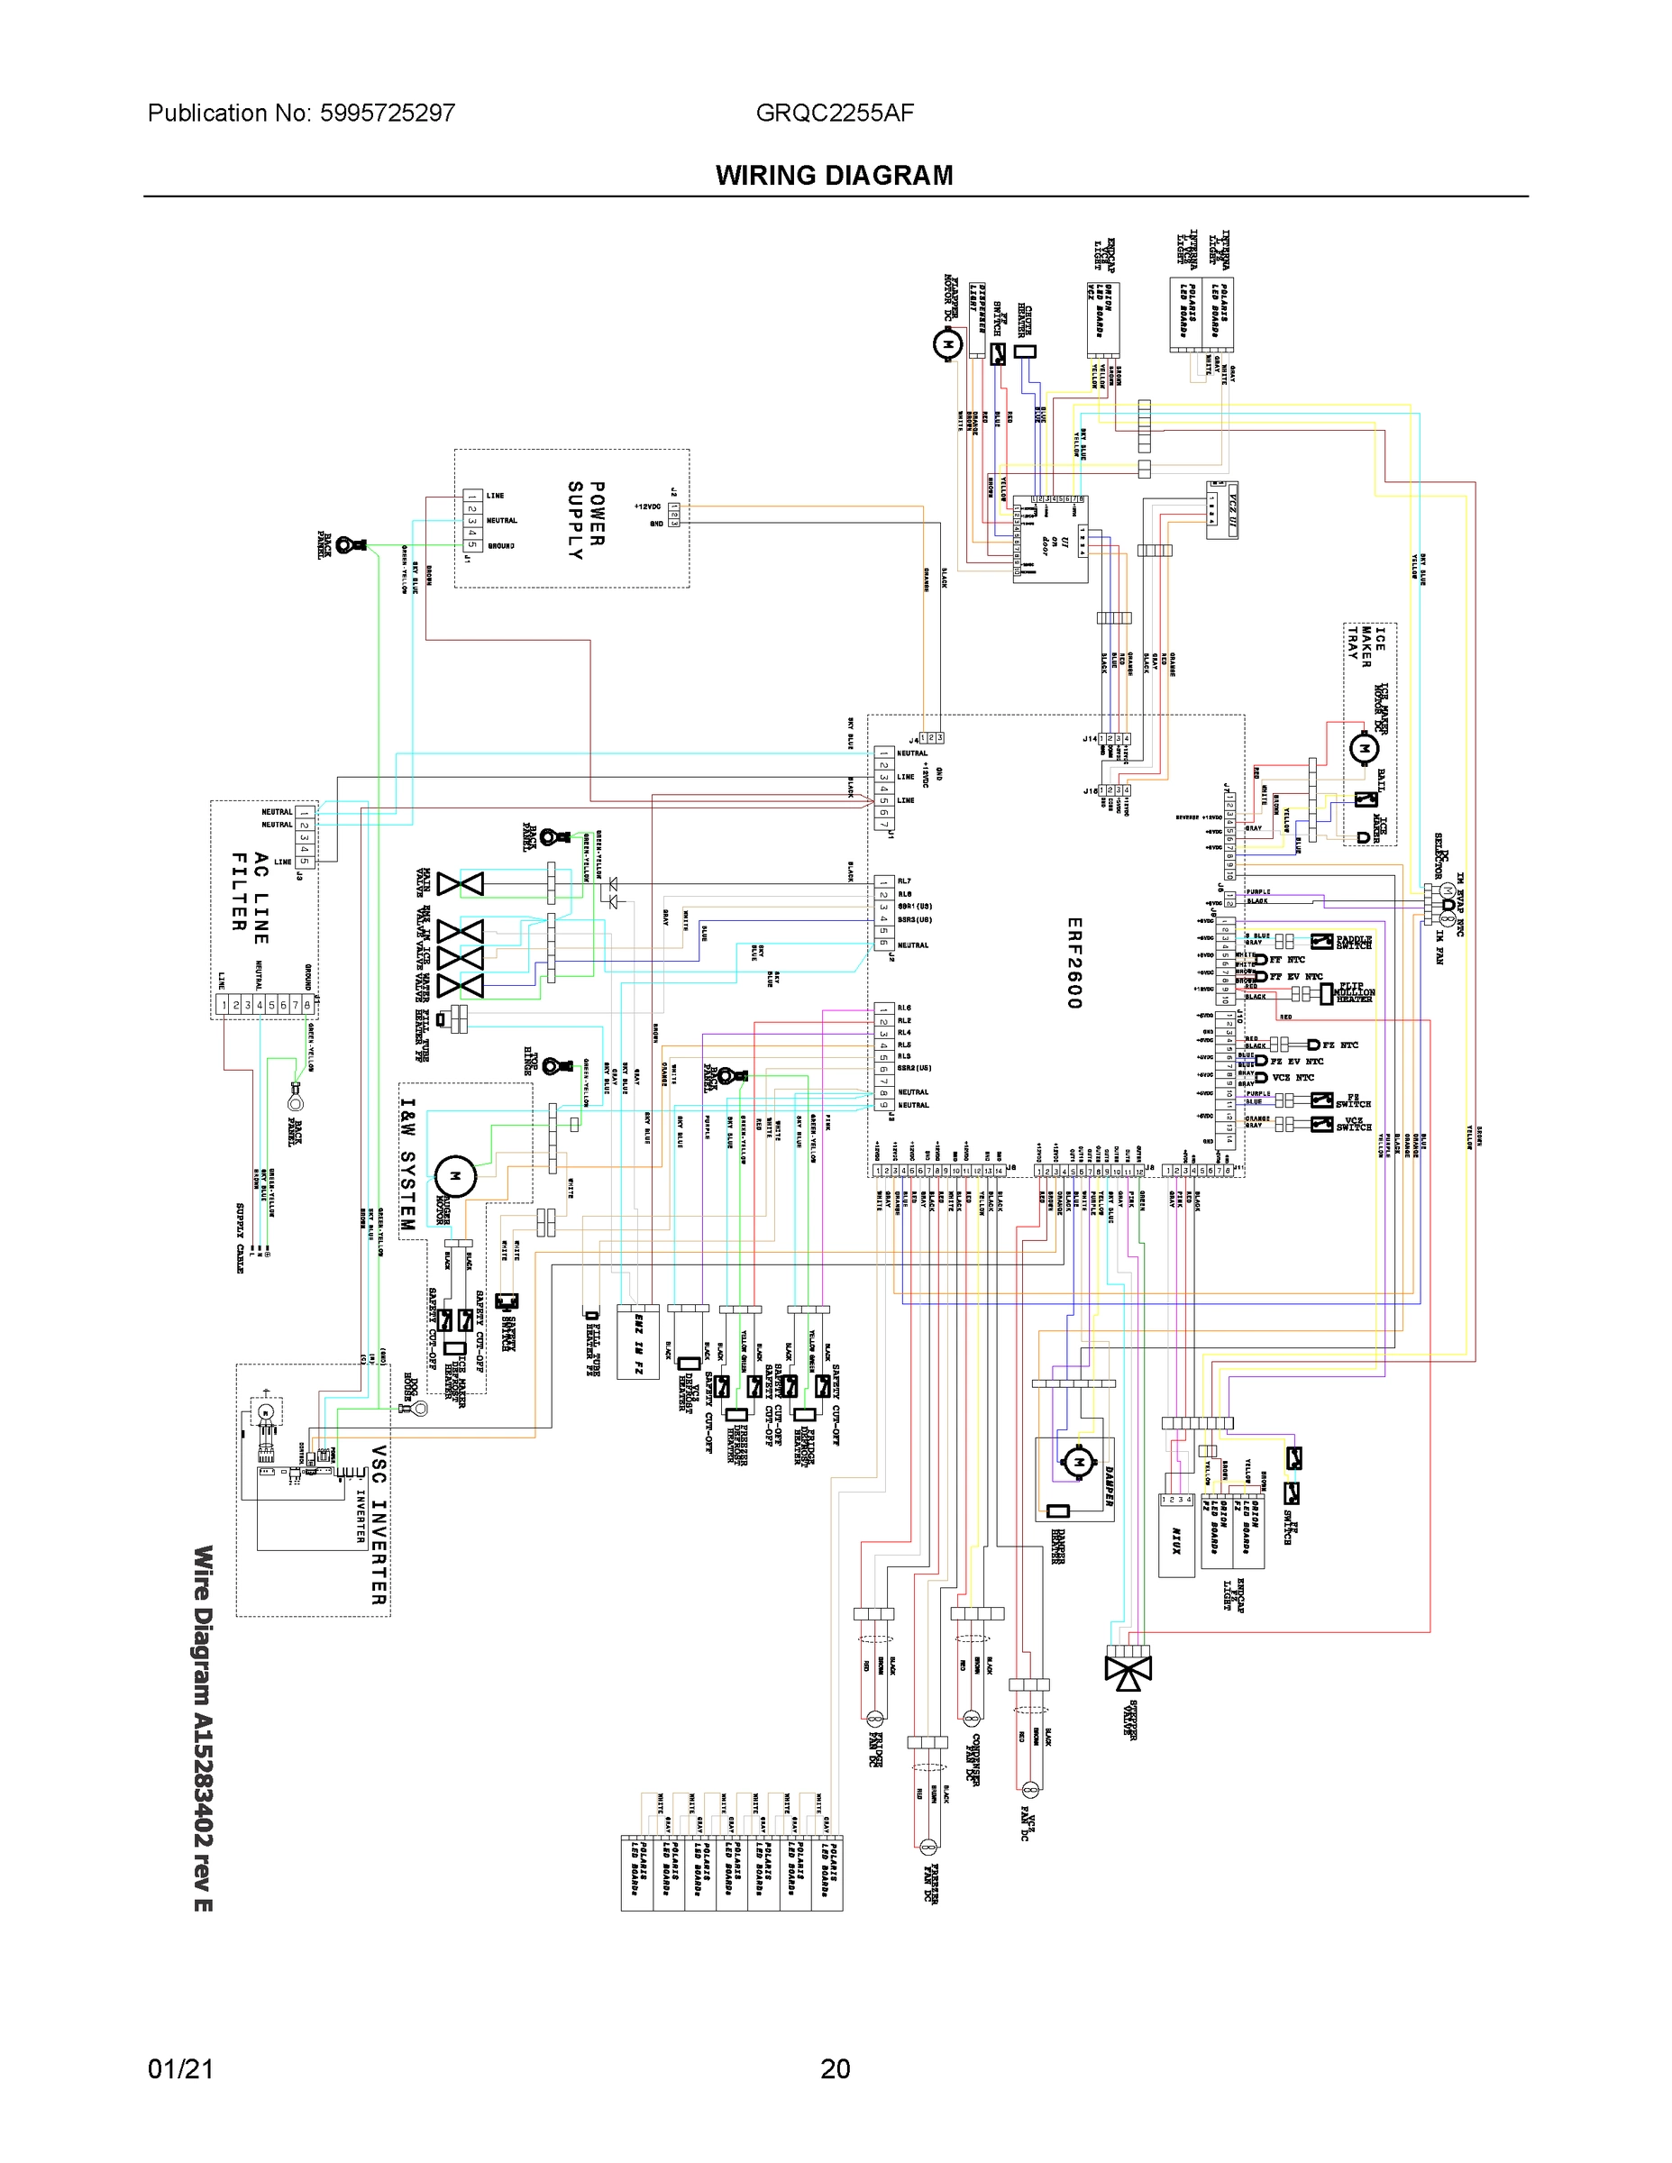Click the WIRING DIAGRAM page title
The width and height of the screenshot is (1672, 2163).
pyautogui.click(x=834, y=176)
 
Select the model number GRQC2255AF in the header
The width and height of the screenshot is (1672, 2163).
pyautogui.click(x=834, y=113)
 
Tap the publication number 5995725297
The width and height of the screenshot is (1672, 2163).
pyautogui.click(x=388, y=113)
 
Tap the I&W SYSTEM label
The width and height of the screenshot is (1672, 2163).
pyautogui.click(x=407, y=1164)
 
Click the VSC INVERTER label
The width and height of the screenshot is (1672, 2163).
pyautogui.click(x=378, y=1525)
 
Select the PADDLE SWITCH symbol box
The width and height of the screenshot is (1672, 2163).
pyautogui.click(x=1321, y=941)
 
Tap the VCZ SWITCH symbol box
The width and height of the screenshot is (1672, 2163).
pyautogui.click(x=1321, y=1123)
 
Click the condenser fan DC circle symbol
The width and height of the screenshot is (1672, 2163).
pyautogui.click(x=971, y=1716)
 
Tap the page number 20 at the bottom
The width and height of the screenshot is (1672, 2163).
pyautogui.click(x=835, y=2068)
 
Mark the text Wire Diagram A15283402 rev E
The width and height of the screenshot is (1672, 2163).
pyautogui.click(x=202, y=1729)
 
